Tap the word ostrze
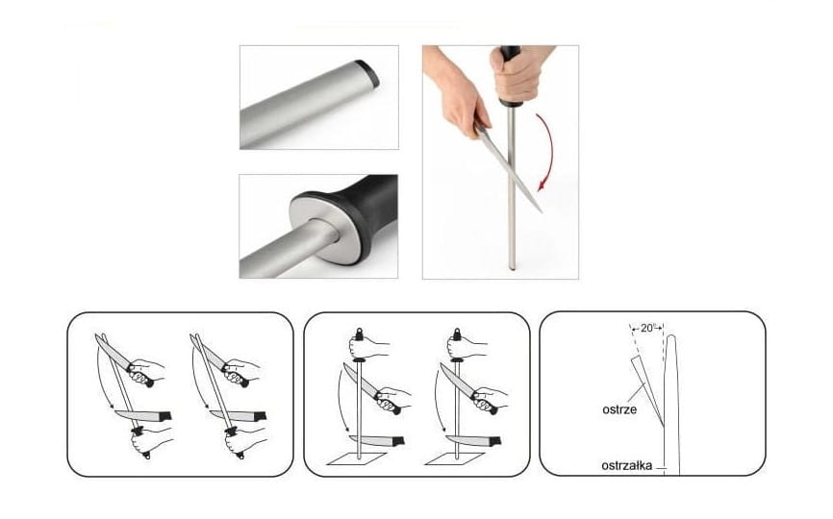point(619,409)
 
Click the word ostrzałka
point(627,466)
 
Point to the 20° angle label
point(647,328)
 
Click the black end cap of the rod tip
point(368,73)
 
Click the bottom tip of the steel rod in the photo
point(512,268)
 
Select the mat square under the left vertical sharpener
point(358,458)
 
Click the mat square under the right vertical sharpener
point(455,458)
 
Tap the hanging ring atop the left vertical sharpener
point(359,334)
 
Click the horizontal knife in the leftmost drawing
point(143,415)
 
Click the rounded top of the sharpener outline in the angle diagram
point(671,337)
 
